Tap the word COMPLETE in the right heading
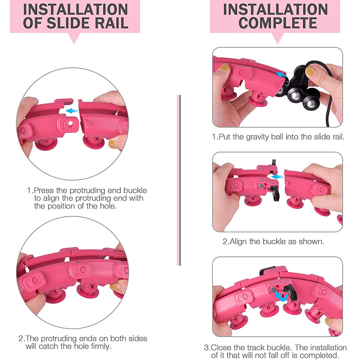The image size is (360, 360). click(278, 23)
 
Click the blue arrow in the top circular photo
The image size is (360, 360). click(72, 111)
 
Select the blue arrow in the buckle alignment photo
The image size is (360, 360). click(277, 177)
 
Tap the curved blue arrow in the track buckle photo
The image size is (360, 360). click(282, 296)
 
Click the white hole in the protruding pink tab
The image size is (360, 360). click(70, 123)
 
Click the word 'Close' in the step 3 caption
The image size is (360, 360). click(220, 348)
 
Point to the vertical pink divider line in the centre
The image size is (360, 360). click(179, 180)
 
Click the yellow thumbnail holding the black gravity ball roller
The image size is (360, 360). click(311, 71)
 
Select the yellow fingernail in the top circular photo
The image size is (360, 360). click(112, 144)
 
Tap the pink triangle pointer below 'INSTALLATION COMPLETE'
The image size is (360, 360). click(278, 38)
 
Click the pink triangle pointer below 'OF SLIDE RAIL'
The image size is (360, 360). click(74, 38)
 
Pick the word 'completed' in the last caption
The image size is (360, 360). click(319, 355)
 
